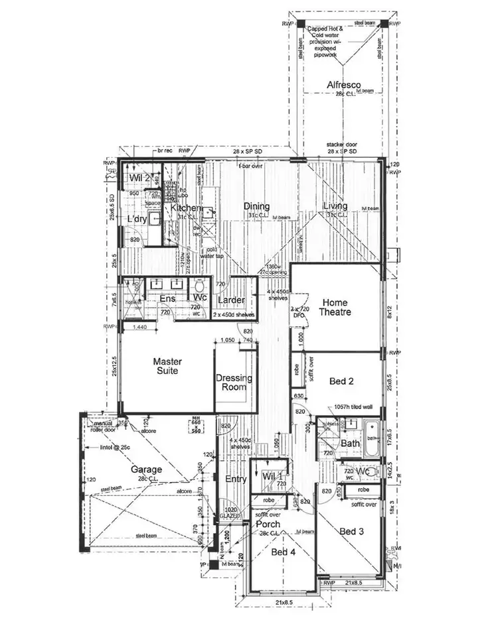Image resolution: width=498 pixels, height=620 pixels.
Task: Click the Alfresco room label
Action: pyautogui.click(x=343, y=84)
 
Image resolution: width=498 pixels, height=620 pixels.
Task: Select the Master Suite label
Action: pyautogui.click(x=167, y=366)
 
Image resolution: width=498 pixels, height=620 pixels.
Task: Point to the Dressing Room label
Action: pyautogui.click(x=234, y=383)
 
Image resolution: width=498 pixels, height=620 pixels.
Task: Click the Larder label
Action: pyautogui.click(x=231, y=300)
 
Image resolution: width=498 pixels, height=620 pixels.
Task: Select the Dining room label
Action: pyautogui.click(x=256, y=206)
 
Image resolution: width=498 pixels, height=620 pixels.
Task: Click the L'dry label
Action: pyautogui.click(x=137, y=219)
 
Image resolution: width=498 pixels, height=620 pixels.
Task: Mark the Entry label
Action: pyautogui.click(x=236, y=479)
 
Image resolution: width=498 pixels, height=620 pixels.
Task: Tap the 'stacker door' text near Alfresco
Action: pyautogui.click(x=342, y=144)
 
